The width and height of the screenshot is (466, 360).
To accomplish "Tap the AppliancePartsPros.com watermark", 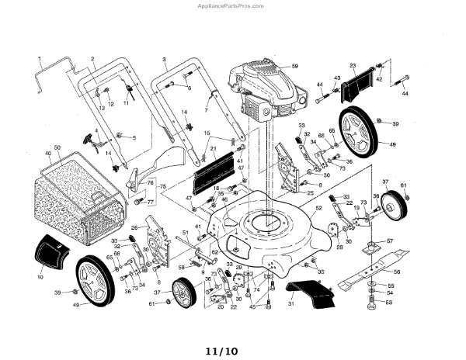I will point(232,5).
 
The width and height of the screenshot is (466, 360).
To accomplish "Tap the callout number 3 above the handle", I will point(165,59).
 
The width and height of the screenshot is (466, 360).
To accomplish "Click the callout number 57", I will point(391,241).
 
